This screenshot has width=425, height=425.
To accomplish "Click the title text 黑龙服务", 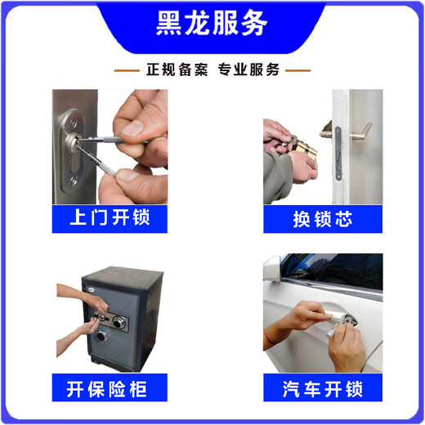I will [x=212, y=24].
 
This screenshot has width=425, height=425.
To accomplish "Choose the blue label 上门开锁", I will [x=110, y=218].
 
